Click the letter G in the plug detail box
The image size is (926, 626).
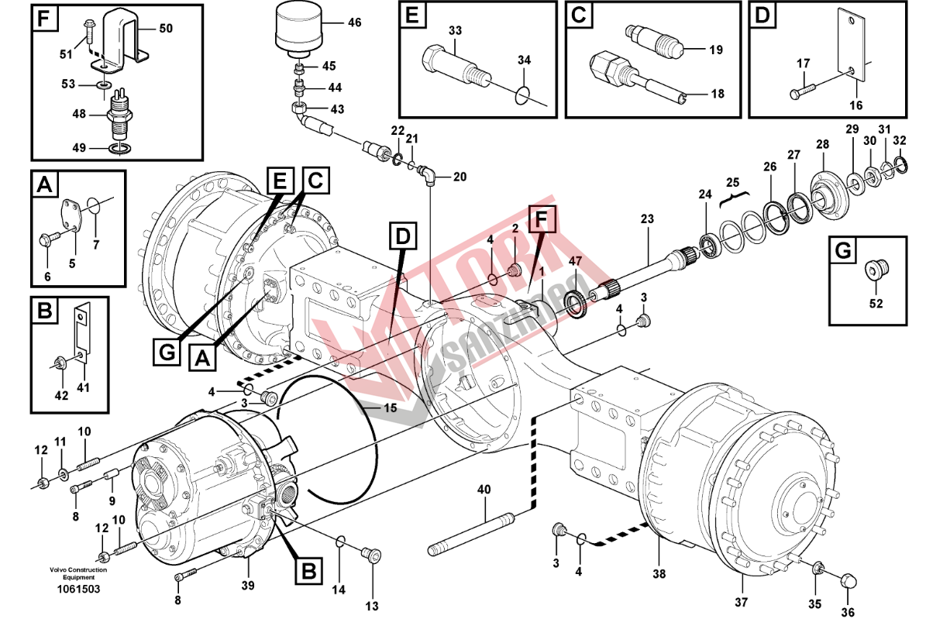pos(842,250)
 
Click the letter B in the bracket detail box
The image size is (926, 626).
pos(45,311)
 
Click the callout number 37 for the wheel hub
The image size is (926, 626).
pos(741,603)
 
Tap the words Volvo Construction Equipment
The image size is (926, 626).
pos(78,573)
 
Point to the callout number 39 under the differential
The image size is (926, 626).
pos(247,586)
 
